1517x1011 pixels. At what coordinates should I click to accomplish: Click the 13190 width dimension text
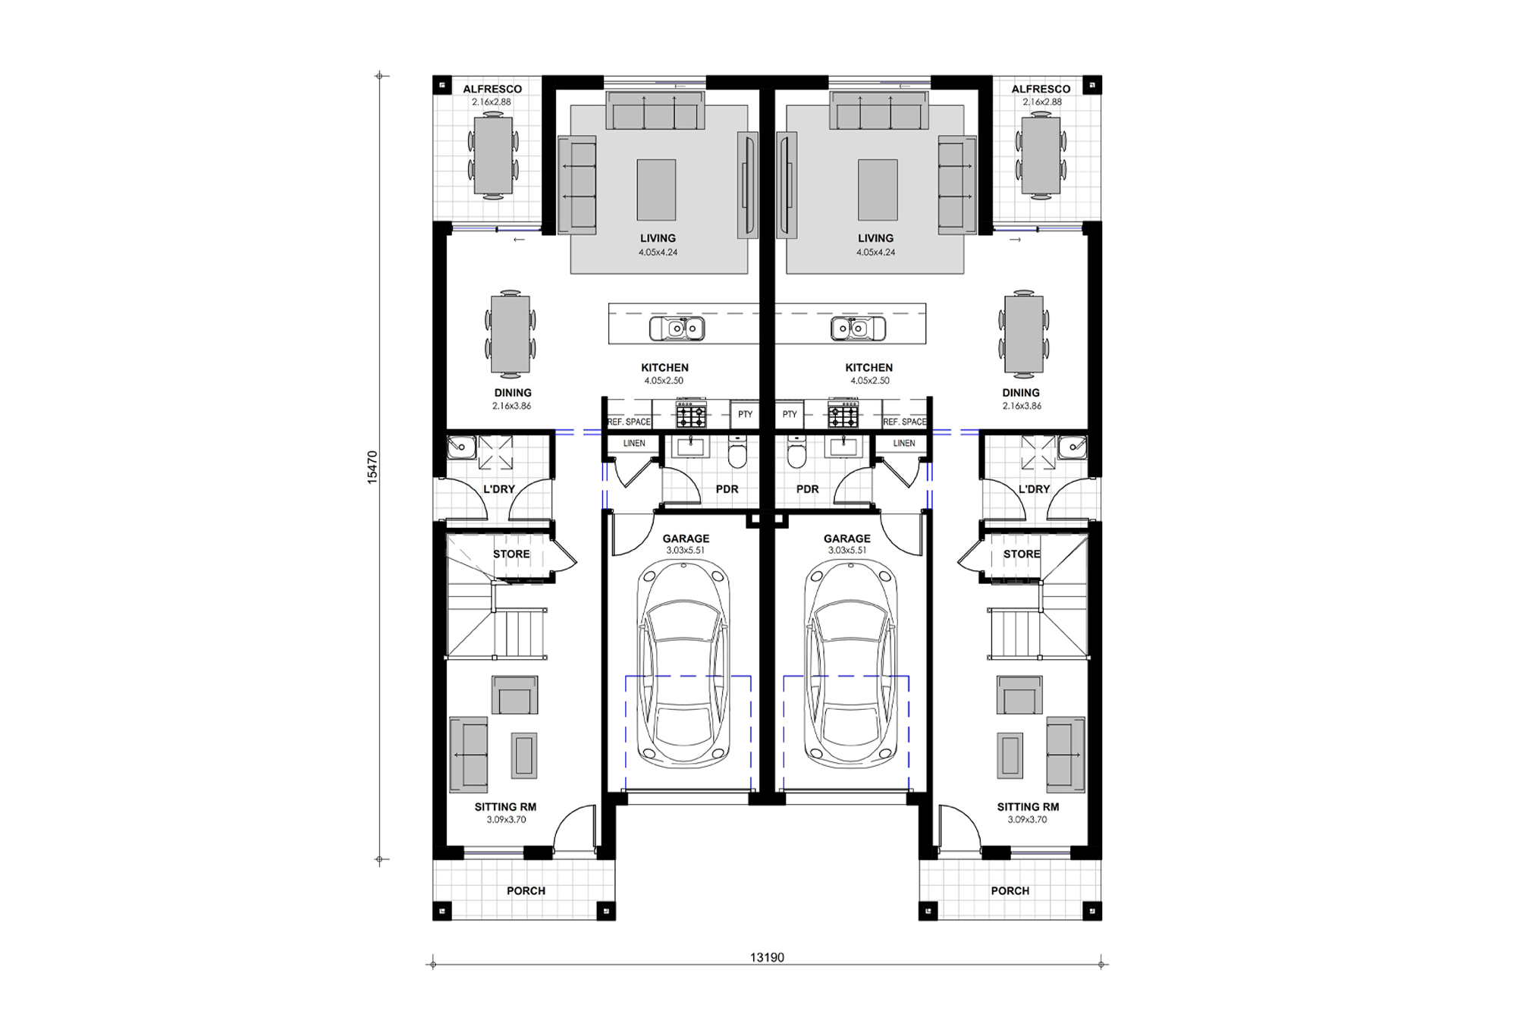(x=767, y=957)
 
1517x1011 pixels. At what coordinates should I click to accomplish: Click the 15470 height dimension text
(x=372, y=467)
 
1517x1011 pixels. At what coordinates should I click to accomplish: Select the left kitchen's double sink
(x=677, y=328)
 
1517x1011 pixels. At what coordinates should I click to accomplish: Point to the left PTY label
(x=745, y=414)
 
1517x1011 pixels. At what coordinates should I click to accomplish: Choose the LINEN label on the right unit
(x=903, y=443)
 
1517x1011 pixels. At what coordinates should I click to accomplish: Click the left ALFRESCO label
(x=492, y=89)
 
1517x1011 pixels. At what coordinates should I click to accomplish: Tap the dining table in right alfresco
(x=1041, y=155)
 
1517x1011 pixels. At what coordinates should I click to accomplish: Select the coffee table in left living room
(x=656, y=190)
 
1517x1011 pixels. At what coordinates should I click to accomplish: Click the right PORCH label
(x=1010, y=890)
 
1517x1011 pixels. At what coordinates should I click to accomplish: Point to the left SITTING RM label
(x=505, y=807)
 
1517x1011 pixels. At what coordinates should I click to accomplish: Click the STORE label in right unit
(x=1021, y=554)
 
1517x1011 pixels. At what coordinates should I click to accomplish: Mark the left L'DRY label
(x=498, y=489)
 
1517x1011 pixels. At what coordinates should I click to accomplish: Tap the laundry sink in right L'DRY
(x=1072, y=447)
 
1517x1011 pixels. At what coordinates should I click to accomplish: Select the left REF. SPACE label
(x=629, y=422)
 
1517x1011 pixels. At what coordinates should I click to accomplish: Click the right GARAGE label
(x=846, y=538)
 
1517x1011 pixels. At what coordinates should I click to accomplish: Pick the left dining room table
(x=510, y=334)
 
